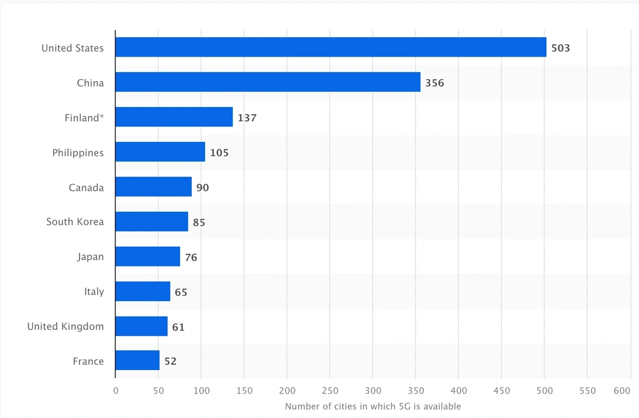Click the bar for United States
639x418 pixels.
pos(331,47)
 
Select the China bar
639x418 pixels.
pos(268,83)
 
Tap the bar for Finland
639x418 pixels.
pos(174,117)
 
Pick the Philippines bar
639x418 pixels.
pos(160,152)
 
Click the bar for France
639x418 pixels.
pos(137,361)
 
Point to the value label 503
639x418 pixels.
pos(561,48)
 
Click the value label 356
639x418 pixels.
pos(435,83)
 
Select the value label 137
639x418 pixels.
pos(247,118)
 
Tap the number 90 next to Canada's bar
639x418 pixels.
pos(202,188)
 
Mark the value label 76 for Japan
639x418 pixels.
pos(191,258)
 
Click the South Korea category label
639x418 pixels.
pos(75,222)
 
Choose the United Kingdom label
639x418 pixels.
pos(65,326)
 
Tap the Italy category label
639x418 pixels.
pos(94,292)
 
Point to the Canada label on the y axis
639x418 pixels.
pos(86,188)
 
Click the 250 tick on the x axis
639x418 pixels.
pos(330,391)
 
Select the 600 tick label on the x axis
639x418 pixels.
pos(622,391)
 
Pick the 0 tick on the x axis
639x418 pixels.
pos(116,391)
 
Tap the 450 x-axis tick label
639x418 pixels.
pos(502,391)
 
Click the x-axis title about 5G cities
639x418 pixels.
pos(373,406)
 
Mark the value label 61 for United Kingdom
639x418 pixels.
pos(178,327)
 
